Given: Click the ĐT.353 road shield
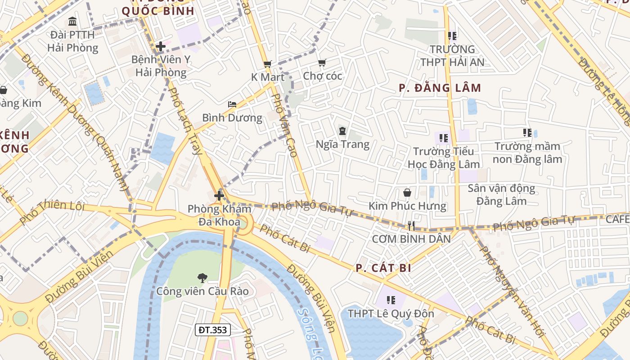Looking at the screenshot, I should click(x=213, y=330).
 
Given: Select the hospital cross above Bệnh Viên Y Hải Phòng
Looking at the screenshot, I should click(x=161, y=46).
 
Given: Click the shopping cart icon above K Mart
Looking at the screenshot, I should click(x=267, y=64).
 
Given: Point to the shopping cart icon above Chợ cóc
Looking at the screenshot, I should click(x=322, y=63).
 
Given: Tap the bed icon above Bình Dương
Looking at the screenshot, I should click(x=232, y=104).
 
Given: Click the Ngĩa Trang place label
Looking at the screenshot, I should click(x=342, y=144).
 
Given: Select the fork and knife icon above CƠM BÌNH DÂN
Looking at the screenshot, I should click(x=410, y=226).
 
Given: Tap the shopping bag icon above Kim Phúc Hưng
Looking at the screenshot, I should click(x=407, y=193).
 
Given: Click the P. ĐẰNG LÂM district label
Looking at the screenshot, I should click(x=440, y=88).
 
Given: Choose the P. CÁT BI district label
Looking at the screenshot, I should click(x=383, y=268).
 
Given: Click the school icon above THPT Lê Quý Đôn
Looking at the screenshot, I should click(x=391, y=300).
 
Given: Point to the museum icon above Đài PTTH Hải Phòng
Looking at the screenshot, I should click(x=72, y=21).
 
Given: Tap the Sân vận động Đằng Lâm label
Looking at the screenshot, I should click(x=501, y=194).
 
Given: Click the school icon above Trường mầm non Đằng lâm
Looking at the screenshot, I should click(x=527, y=133).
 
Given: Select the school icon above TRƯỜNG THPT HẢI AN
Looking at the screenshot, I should click(x=452, y=36).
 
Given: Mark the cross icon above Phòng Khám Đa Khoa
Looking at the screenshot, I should click(x=219, y=196).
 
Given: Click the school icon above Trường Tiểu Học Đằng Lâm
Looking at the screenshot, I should click(x=444, y=138).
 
